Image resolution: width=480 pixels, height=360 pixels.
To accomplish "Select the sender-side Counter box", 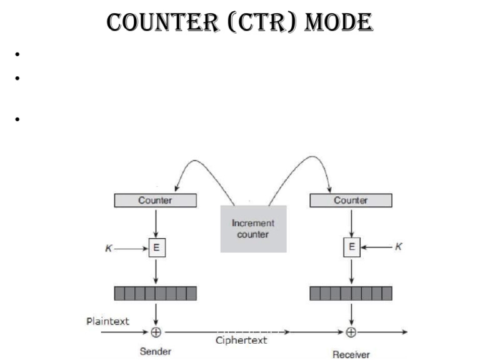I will (155, 201).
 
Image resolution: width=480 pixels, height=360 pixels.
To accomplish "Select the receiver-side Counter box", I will (351, 201).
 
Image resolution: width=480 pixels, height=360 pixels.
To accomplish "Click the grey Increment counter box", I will (253, 229).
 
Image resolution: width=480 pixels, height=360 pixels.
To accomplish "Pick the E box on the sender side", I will (156, 247).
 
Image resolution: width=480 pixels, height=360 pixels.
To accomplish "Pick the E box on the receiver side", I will (351, 247).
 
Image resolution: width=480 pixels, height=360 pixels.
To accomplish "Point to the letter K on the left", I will (109, 248).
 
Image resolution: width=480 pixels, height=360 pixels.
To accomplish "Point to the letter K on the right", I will (399, 247).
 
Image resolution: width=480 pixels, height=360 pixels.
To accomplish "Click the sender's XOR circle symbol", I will (156, 332).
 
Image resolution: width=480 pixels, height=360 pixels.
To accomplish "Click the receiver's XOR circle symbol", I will (351, 332).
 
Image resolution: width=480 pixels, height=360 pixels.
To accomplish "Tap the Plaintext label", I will (107, 321).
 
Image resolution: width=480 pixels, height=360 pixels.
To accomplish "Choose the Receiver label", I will (351, 354).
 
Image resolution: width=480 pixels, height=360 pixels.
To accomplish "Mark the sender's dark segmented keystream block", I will (155, 293).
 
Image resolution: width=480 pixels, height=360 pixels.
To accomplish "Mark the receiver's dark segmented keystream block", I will (351, 293).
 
